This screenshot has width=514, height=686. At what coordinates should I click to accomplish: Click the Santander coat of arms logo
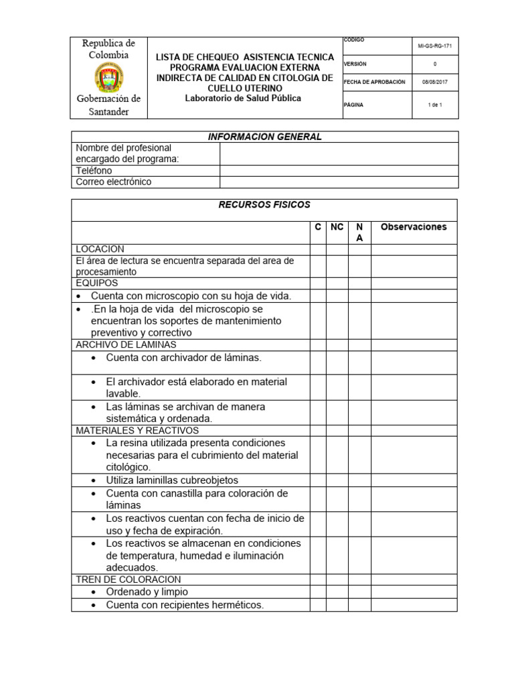point(108,77)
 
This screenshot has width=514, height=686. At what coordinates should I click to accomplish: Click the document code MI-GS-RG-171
point(436,46)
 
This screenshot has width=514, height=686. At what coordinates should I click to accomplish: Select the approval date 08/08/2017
point(436,82)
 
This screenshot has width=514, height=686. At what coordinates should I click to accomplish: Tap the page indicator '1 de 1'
point(436,105)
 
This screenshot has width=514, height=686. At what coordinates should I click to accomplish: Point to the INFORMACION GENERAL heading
point(264,137)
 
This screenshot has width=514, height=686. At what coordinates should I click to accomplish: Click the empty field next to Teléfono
point(339,171)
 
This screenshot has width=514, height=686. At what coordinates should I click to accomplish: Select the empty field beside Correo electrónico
point(339,182)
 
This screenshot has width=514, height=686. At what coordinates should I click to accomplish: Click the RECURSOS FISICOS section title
point(264,205)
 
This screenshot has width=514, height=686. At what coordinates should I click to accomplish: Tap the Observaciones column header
point(414,227)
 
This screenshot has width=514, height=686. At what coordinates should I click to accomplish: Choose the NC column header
point(337,227)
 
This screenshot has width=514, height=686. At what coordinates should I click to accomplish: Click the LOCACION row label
point(100,249)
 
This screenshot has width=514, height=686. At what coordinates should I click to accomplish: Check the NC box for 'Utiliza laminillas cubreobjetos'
point(337,480)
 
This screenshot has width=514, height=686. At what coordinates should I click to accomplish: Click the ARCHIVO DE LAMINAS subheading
point(126,345)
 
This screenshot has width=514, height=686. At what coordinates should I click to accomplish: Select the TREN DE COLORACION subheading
point(128,579)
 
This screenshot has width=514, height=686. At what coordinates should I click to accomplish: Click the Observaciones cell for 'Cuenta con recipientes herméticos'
point(414,606)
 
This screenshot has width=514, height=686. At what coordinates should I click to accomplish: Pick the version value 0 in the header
point(436,64)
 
